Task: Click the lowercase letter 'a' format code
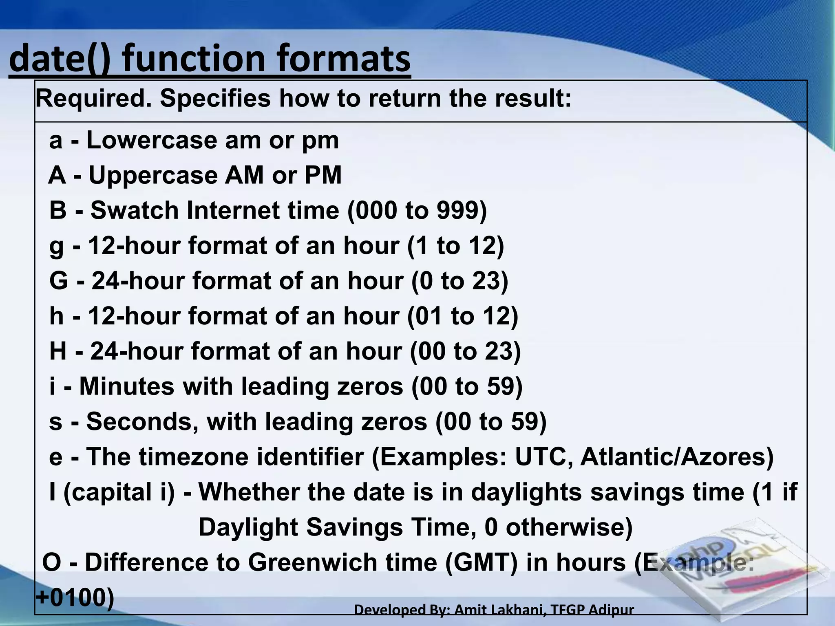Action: coord(56,141)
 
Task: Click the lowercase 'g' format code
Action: coord(56,247)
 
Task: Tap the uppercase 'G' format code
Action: coord(58,281)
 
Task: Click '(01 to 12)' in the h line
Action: coord(463,316)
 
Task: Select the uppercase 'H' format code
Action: coord(58,351)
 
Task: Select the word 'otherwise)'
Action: coord(569,527)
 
